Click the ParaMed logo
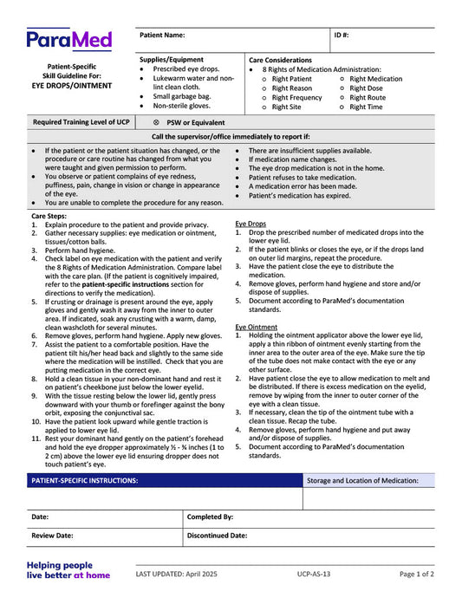tap(69, 40)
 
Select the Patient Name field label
tap(162, 36)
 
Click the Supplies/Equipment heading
tap(172, 59)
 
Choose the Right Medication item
tap(375, 79)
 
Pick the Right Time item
tap(366, 107)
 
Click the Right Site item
tap(287, 107)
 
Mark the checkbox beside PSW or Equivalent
tap(156, 123)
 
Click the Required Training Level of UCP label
tap(81, 123)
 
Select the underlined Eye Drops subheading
tap(251, 224)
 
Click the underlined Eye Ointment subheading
tap(256, 327)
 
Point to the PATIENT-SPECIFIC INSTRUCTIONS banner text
tap(84, 480)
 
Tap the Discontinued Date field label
tap(217, 536)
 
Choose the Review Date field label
tap(52, 536)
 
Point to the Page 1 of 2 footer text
tap(417, 574)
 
